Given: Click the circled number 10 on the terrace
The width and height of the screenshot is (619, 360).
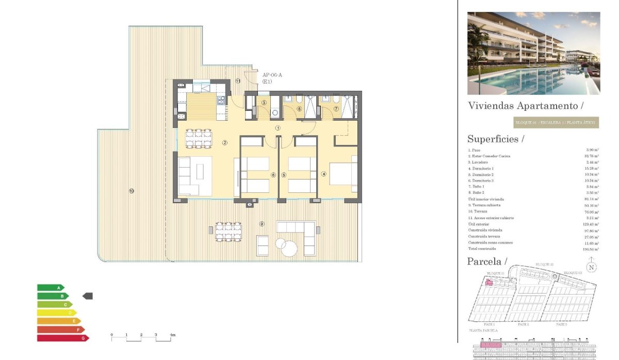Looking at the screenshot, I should pos(132,191).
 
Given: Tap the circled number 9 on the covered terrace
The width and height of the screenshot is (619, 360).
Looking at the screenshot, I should pos(262,224).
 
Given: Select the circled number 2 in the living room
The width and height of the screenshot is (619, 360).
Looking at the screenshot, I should pos(225,142).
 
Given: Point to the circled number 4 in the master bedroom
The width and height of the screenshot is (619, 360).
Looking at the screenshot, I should pos(324,174).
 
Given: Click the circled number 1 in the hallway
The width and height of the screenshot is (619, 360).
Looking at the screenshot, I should pos(278,128).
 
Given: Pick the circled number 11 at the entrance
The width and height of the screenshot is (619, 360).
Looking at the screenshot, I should pos(238,81).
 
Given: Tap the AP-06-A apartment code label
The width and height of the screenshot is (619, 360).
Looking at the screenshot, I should pos(272,75).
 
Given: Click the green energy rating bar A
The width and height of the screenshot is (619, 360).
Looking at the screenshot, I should pos(50,287).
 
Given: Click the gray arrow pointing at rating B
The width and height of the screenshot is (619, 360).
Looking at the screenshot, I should pos(88,296).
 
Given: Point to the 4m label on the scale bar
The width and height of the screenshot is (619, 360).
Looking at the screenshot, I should pos(173,335).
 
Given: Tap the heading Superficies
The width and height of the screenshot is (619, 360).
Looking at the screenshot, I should pos(495,139).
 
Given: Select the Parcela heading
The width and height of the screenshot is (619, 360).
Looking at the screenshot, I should pos(487,261).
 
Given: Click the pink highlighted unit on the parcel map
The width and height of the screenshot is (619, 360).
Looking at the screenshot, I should pos(489,282).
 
